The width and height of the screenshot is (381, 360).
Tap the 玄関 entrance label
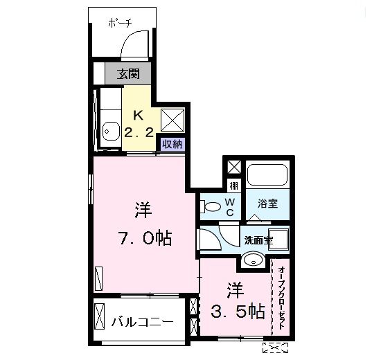[x=126, y=73]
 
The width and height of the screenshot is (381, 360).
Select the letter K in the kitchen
[x=138, y=115]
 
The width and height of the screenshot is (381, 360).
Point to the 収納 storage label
[x=172, y=144]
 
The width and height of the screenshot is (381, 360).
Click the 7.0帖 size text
[x=143, y=239]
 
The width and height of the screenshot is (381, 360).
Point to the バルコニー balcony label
[x=142, y=322]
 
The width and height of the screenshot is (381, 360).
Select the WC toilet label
[x=230, y=206]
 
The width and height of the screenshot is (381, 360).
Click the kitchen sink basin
[x=109, y=130]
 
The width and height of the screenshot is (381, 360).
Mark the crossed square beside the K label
[x=172, y=120]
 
